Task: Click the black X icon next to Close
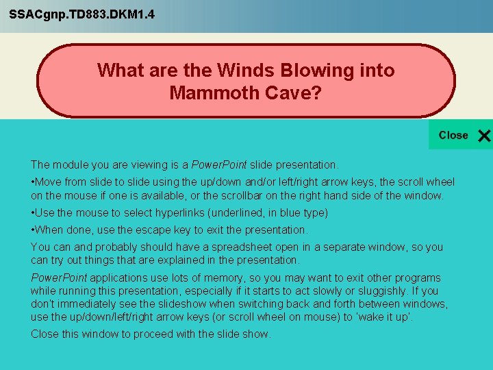(483, 136)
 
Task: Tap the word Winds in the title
(243, 71)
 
